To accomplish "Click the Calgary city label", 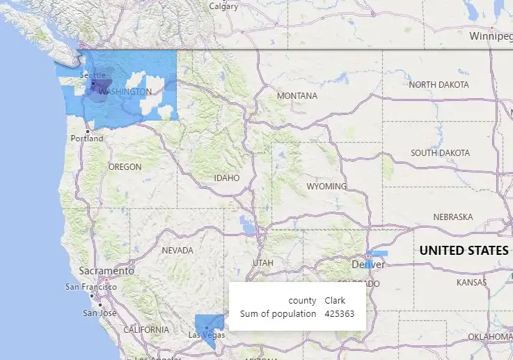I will [223, 6].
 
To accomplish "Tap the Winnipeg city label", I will [490, 36].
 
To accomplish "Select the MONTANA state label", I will [297, 95].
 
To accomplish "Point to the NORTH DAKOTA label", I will [439, 84].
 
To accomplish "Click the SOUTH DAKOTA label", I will [440, 152].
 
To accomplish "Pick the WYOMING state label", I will [326, 187].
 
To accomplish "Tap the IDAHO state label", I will [227, 178].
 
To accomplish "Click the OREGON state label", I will [125, 167].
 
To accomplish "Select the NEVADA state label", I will [177, 250].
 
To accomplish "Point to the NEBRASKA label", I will [453, 217].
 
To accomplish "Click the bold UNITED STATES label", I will [464, 251].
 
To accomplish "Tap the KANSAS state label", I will [472, 283].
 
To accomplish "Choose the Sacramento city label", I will [106, 270].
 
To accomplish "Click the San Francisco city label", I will [90, 287].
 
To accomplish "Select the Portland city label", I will [86, 139].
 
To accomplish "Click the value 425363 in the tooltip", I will [340, 314].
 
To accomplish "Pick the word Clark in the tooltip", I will [335, 301].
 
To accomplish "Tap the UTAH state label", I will [263, 263].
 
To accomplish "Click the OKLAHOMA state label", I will [490, 336].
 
